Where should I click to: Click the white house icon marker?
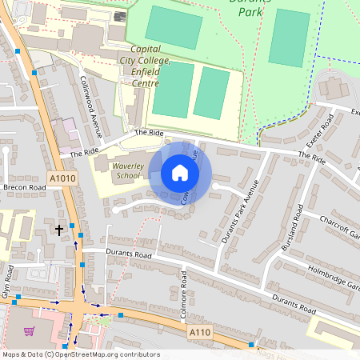pyautogui.click(x=180, y=173)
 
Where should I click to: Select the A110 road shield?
pyautogui.click(x=199, y=330)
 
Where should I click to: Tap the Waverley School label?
pyautogui.click(x=127, y=170)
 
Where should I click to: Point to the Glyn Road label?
pyautogui.click(x=8, y=282)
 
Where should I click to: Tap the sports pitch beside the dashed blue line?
pyautogui.click(x=289, y=38)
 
